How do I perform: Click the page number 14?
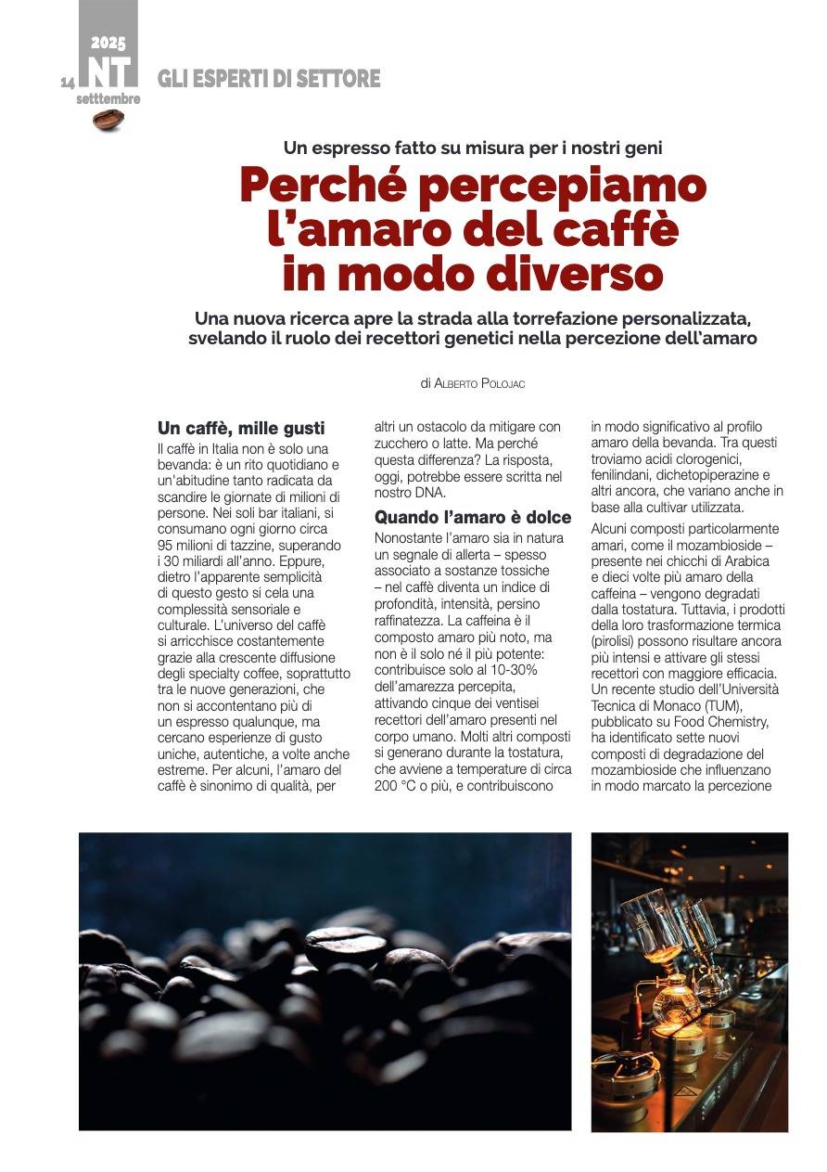[68, 83]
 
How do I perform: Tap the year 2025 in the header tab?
[108, 43]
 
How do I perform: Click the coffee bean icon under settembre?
[108, 120]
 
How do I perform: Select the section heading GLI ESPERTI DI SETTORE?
[269, 79]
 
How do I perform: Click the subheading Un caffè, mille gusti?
[241, 428]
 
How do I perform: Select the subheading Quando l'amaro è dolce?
[473, 517]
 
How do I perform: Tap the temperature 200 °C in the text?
[397, 785]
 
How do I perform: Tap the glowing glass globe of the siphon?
[674, 1001]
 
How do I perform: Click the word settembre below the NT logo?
[108, 98]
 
